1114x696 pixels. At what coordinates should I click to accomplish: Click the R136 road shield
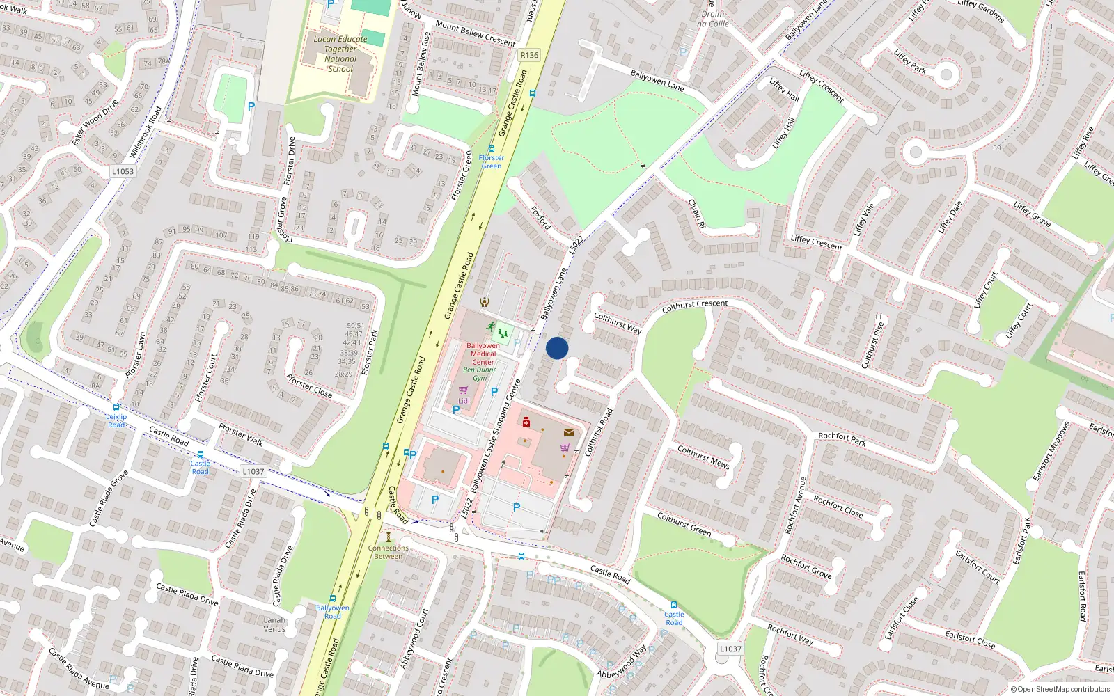[x=529, y=55]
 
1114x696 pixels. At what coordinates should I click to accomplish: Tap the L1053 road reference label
[x=123, y=171]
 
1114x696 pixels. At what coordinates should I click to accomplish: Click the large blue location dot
[x=557, y=348]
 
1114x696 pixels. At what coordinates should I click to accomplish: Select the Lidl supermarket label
[x=464, y=401]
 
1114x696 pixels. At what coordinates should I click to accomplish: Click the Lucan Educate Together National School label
[x=340, y=54]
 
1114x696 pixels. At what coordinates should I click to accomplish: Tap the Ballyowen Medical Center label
[x=483, y=354]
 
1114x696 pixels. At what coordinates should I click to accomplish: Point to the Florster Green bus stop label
[x=491, y=161]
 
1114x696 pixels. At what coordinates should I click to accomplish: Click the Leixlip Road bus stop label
[x=116, y=420]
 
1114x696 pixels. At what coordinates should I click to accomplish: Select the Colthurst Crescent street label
[x=694, y=304]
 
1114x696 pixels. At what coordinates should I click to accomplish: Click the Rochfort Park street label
[x=842, y=438]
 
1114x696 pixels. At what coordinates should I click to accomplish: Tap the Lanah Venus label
[x=274, y=624]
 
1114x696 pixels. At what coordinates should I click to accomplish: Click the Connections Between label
[x=388, y=552]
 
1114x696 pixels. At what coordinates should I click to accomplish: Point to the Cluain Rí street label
[x=696, y=214]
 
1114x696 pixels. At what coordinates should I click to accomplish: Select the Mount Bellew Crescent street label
[x=475, y=33]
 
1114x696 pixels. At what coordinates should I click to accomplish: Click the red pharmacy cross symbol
[x=526, y=422]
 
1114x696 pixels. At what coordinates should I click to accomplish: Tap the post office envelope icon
[x=569, y=432]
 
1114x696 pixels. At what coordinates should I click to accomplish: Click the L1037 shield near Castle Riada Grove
[x=253, y=471]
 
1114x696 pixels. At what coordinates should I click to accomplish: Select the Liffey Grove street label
[x=1032, y=214]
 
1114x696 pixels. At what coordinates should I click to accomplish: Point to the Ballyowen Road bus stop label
[x=333, y=612]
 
